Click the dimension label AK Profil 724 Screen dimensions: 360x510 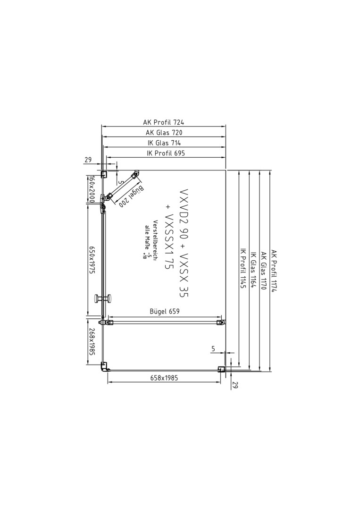(164, 122)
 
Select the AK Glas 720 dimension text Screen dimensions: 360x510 (164, 132)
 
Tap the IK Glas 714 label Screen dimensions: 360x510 (164, 143)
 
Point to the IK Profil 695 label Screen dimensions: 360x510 (166, 153)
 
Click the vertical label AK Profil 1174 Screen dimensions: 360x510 (274, 271)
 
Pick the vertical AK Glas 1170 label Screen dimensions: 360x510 (263, 271)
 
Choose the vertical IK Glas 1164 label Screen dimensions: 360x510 (253, 270)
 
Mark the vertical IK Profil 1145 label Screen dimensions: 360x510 (243, 269)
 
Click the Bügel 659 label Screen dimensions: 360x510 (164, 311)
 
